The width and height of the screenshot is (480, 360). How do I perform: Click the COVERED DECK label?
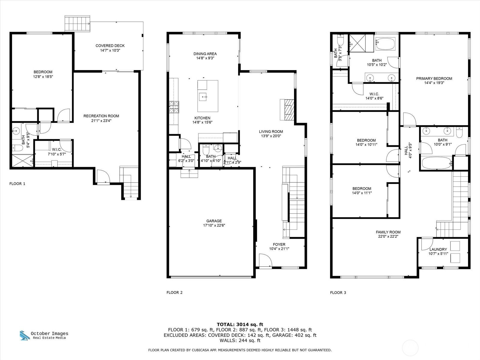click(x=110, y=46)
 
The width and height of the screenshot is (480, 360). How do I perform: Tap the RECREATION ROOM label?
click(x=101, y=116)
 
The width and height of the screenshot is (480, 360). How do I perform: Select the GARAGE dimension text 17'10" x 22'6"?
click(x=214, y=225)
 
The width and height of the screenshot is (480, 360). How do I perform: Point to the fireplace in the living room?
click(x=287, y=110)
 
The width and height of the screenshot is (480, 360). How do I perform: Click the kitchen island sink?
click(x=203, y=97)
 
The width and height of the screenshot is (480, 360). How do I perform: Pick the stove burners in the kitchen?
click(x=174, y=107)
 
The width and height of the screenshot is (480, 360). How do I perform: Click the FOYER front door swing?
click(x=265, y=260)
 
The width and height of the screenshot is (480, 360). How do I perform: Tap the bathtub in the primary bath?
click(x=385, y=44)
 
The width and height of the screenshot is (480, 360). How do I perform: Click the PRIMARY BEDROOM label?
click(x=434, y=79)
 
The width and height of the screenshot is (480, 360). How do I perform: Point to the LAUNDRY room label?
click(x=438, y=249)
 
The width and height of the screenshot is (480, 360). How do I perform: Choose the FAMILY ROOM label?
click(x=388, y=232)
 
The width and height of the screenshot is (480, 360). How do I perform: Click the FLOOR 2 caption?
click(x=174, y=292)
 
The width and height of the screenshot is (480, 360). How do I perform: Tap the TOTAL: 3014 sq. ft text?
click(x=240, y=325)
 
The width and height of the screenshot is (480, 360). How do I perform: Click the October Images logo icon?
click(x=25, y=335)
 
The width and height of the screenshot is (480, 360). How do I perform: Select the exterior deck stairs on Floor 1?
click(x=77, y=23)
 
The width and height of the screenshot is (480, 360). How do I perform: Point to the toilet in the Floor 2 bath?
click(x=206, y=149)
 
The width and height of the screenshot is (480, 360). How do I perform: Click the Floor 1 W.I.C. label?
click(x=57, y=149)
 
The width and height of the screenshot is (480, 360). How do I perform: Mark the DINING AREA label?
click(x=205, y=54)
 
